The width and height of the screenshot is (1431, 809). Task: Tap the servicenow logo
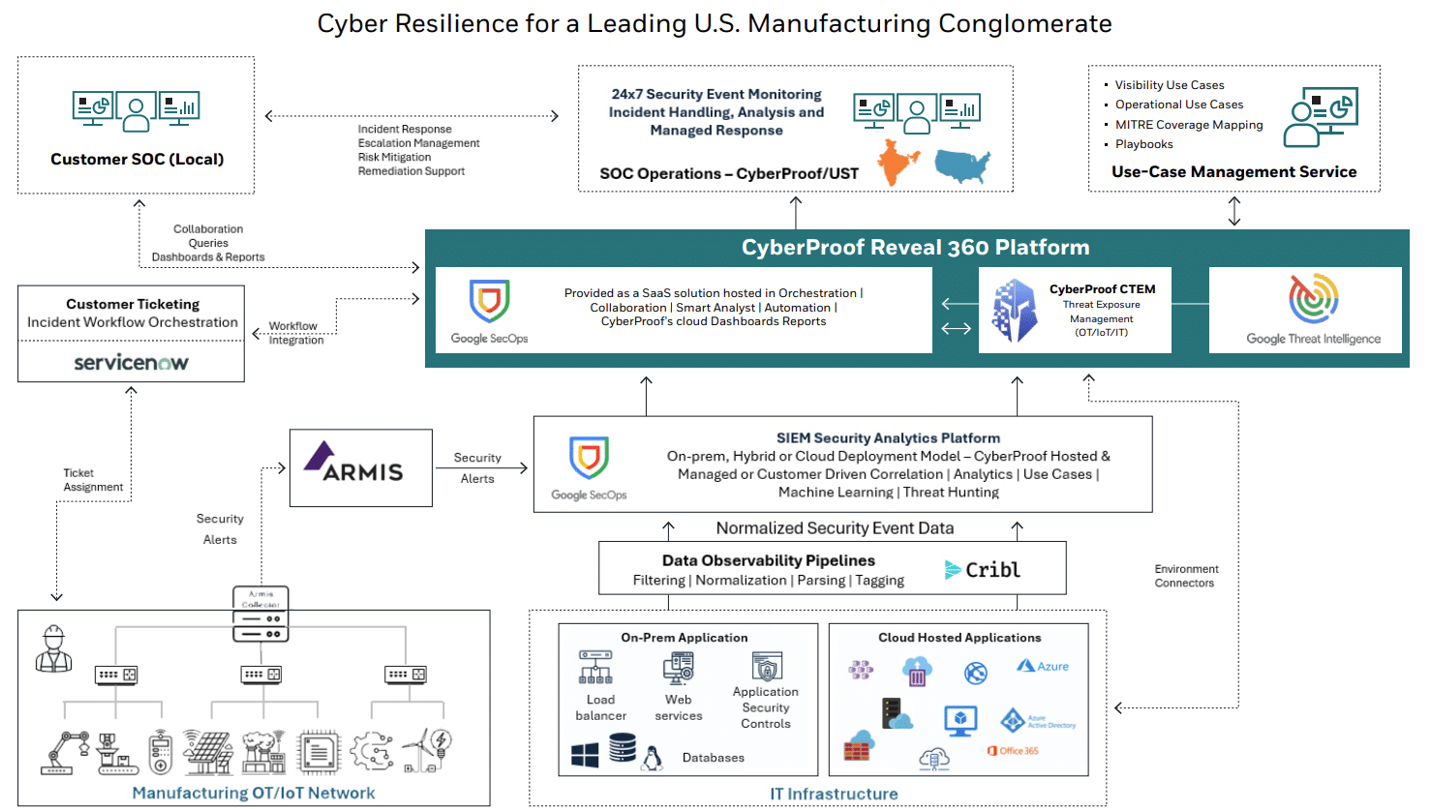coord(131,363)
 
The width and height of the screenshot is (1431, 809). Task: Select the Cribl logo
coord(983,570)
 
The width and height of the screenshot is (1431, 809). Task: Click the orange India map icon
coord(898,162)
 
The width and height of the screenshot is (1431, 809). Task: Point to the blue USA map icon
coord(962,165)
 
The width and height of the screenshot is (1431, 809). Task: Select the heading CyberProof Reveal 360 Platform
coord(915,248)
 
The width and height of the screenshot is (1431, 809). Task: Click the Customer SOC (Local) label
coord(137,160)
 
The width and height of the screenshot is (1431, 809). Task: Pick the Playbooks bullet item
coord(1143,144)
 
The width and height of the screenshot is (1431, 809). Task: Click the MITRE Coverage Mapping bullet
coord(1188,125)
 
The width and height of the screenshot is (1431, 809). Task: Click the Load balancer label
coord(600,707)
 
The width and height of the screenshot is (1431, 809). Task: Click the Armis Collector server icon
coord(260,614)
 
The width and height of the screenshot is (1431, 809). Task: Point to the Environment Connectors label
coord(1185,576)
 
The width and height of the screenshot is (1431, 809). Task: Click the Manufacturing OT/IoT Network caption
coord(253,794)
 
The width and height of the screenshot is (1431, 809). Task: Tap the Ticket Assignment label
coord(93,480)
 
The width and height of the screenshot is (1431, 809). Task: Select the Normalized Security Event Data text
coord(835,528)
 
